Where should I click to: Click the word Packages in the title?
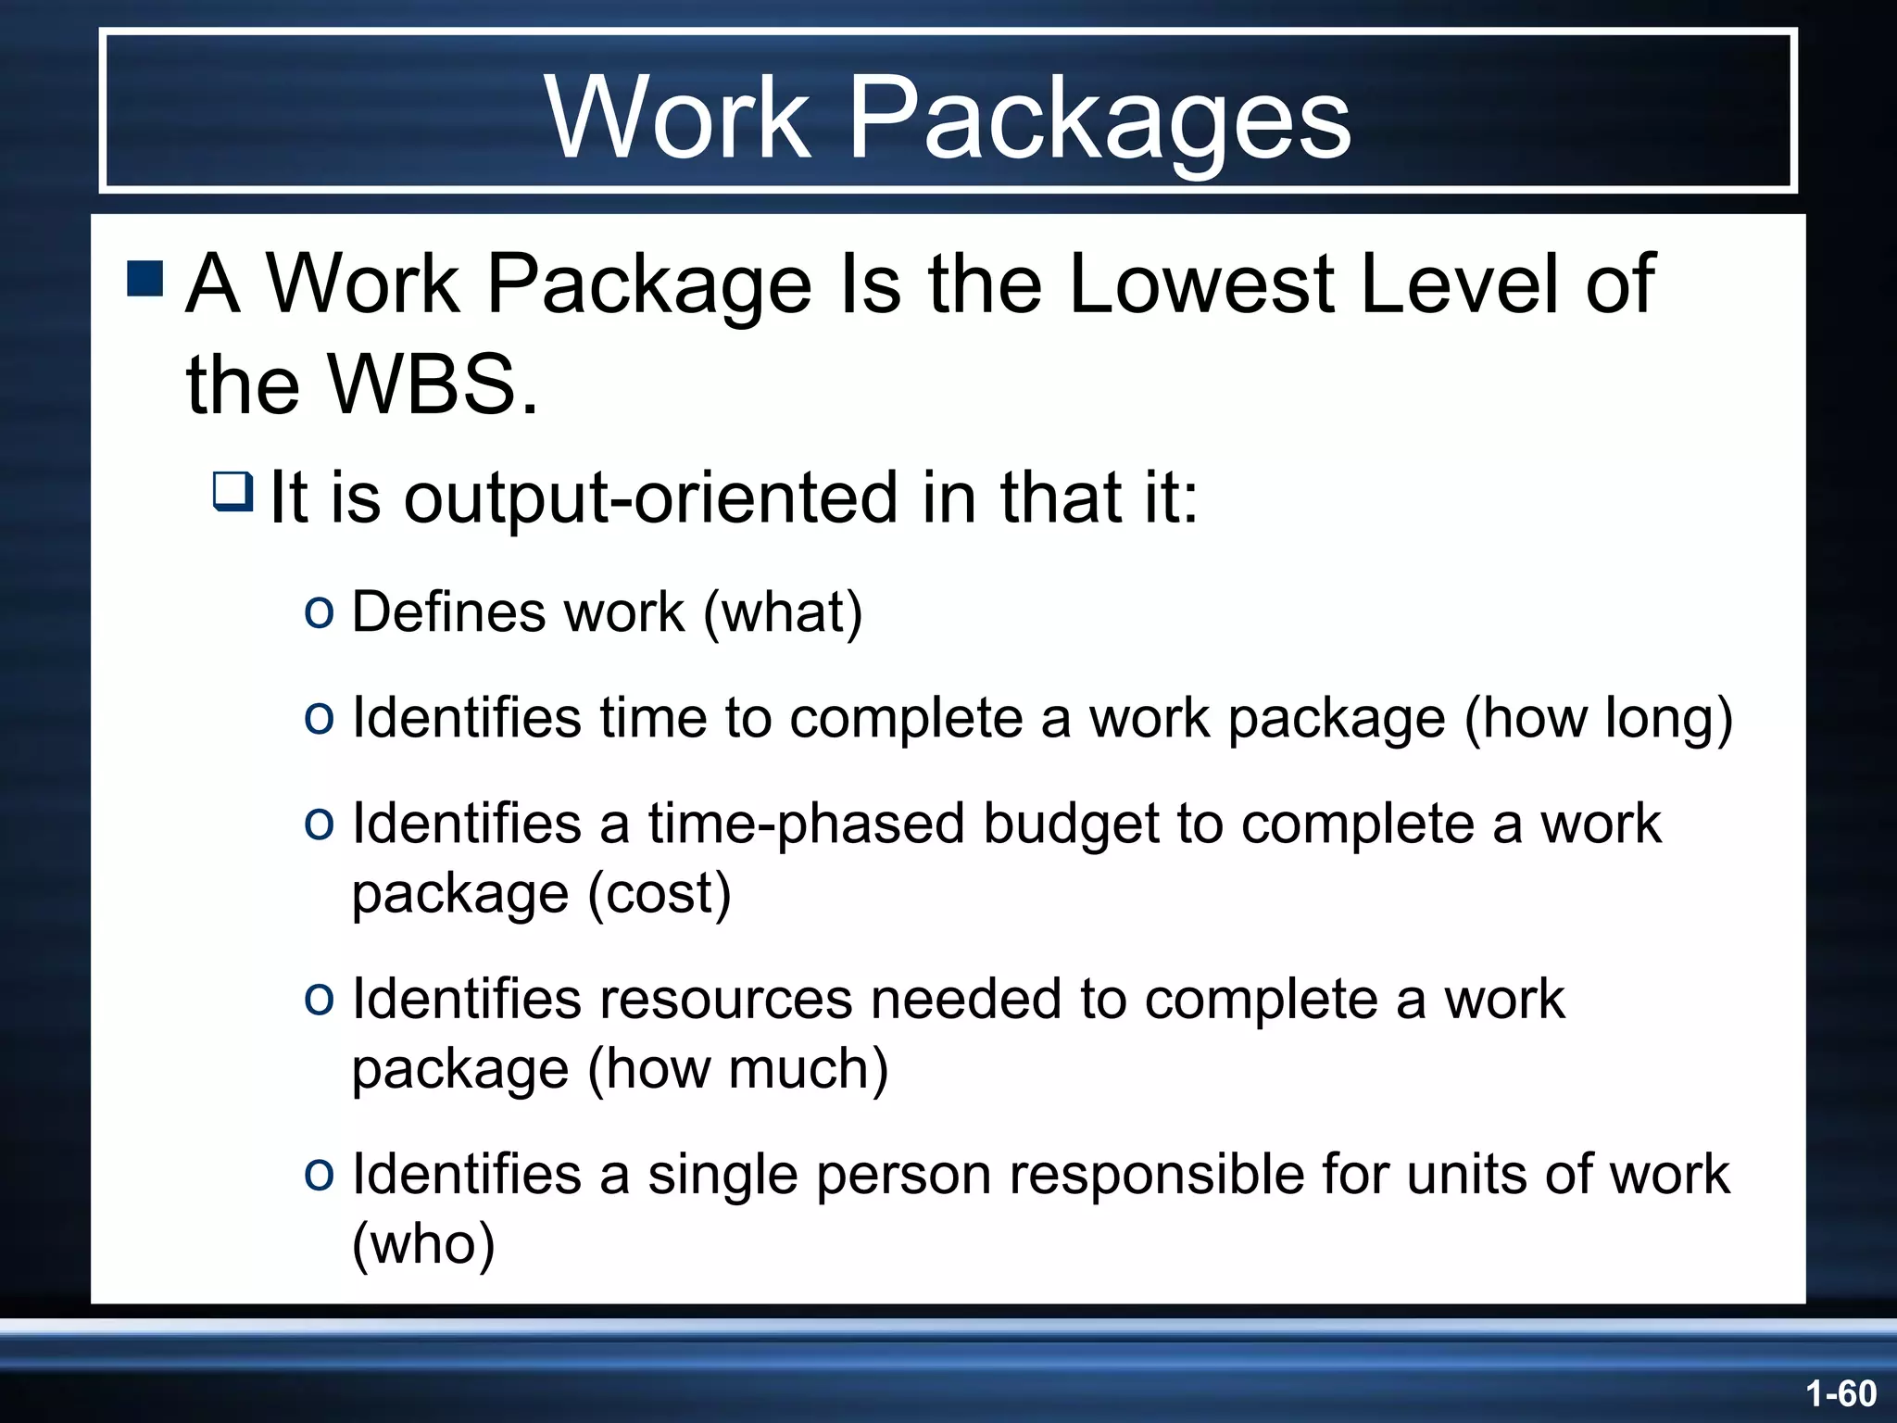pyautogui.click(x=1099, y=120)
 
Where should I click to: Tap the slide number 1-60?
pyautogui.click(x=1840, y=1393)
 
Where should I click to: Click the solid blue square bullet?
pyautogui.click(x=144, y=279)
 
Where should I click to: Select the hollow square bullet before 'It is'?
pyautogui.click(x=232, y=490)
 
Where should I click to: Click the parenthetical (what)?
pyautogui.click(x=783, y=612)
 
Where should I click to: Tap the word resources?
pyautogui.click(x=725, y=1000)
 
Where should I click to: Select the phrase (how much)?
pyautogui.click(x=737, y=1069)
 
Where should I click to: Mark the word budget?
pyautogui.click(x=1071, y=824)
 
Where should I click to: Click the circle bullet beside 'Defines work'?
pyautogui.click(x=319, y=612)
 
